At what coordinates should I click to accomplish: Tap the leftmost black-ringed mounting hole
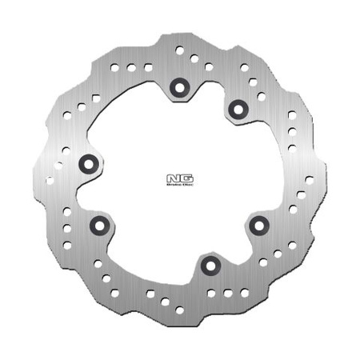[x=89, y=165]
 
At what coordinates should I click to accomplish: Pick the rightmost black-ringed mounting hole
[x=258, y=226]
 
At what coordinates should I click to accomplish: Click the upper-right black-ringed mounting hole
[x=237, y=107]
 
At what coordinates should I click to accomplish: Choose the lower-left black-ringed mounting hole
[x=99, y=226]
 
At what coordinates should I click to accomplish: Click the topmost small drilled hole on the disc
[x=180, y=50]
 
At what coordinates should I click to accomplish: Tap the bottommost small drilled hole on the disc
[x=179, y=310]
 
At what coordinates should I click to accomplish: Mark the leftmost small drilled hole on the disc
[x=50, y=180]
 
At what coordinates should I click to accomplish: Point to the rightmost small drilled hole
[x=310, y=179]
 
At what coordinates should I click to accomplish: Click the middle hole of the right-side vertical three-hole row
[x=293, y=130]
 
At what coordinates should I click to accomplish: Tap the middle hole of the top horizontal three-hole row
[x=131, y=67]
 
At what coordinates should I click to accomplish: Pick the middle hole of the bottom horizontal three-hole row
[x=227, y=293]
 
